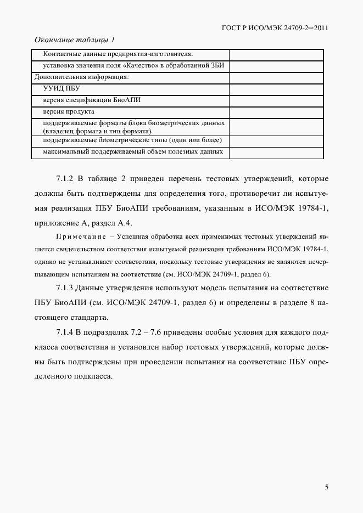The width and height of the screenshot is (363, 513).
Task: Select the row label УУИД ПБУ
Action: pos(61,88)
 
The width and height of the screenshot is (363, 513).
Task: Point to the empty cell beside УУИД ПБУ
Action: pos(276,88)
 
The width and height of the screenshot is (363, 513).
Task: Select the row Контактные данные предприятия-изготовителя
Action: pos(118,54)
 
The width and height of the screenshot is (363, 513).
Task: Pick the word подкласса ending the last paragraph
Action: pos(90,377)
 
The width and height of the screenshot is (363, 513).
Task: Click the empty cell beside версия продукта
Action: pos(276,111)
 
